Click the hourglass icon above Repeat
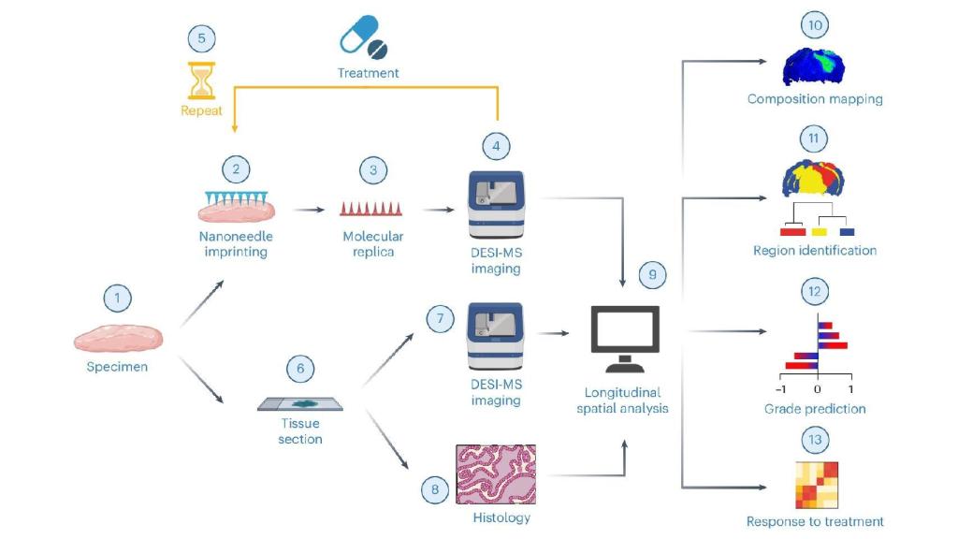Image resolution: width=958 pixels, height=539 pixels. click(x=201, y=81)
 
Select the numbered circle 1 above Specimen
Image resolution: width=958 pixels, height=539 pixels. click(x=118, y=299)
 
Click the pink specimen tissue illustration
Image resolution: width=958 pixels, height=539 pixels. click(x=118, y=336)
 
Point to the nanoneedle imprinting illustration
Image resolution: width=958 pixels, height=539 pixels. click(x=235, y=206)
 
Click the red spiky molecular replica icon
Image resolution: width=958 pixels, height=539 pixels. click(x=372, y=208)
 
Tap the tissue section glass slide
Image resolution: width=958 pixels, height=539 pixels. click(x=299, y=404)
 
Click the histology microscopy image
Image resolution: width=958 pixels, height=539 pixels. click(x=495, y=474)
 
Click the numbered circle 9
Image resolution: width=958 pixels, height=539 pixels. click(x=653, y=275)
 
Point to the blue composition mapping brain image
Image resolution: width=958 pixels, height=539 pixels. click(x=814, y=66)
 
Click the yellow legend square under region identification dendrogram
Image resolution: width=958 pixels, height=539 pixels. click(x=820, y=230)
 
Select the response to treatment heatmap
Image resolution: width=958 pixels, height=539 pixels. click(x=816, y=485)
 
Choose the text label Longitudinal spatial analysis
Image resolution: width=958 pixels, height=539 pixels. click(x=625, y=401)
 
